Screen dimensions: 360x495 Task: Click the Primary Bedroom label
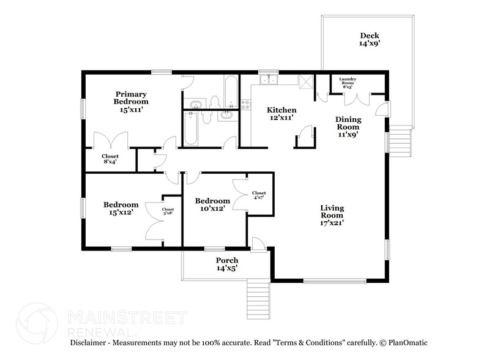[x=132, y=102]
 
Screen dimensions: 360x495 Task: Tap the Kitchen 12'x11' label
[x=281, y=113]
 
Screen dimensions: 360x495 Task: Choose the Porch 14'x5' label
[x=226, y=264]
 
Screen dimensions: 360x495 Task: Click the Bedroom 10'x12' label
[x=212, y=204]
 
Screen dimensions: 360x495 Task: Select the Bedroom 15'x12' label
[x=121, y=208]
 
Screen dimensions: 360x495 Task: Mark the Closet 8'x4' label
[x=110, y=159]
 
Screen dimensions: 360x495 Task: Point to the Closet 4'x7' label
[x=259, y=195]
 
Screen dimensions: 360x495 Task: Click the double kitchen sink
[x=269, y=80]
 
